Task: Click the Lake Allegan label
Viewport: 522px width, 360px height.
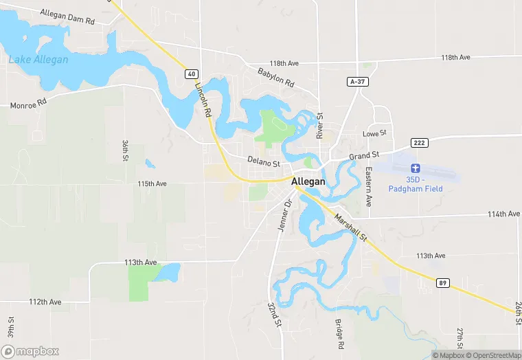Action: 38,60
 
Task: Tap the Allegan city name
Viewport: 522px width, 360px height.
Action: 308,181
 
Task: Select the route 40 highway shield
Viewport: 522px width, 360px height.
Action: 191,73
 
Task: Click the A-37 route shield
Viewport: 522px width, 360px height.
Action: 356,81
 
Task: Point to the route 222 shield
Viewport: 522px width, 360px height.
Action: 420,142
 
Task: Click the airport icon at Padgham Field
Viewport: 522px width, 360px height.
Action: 414,168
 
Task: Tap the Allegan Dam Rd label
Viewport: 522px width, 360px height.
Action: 67,17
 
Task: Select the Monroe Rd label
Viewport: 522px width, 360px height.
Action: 28,106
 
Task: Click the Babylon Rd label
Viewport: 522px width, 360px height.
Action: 275,77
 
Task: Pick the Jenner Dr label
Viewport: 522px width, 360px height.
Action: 284,214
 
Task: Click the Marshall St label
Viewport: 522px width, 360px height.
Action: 352,227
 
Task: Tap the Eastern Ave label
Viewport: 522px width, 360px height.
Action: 369,188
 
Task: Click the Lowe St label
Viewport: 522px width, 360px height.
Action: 375,133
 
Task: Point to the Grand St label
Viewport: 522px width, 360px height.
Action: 364,156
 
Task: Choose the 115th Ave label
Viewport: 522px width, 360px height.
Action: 152,184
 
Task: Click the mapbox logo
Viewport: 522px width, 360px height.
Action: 30,351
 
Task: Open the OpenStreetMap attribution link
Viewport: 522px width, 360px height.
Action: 492,355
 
